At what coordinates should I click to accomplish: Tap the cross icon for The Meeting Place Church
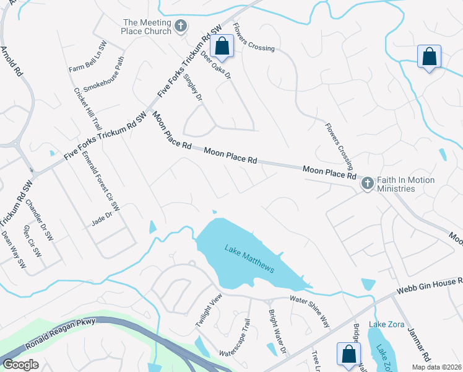[180, 26]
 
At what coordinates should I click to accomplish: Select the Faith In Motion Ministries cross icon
[367, 184]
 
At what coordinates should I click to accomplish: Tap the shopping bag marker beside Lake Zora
[348, 354]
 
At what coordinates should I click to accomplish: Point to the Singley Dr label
[194, 87]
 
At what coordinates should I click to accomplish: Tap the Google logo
[21, 365]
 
